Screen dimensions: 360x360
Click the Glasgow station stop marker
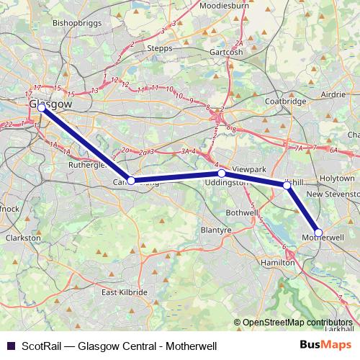(41, 107)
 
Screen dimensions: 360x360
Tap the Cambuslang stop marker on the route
(130, 181)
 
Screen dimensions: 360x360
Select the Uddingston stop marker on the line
(222, 174)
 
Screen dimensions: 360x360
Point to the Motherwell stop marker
(318, 233)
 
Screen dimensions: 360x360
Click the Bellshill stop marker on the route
(287, 186)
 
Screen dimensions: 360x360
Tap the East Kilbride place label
(124, 292)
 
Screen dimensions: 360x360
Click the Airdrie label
(333, 94)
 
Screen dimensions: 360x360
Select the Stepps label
(159, 48)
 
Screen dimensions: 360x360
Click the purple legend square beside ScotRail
(10, 346)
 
